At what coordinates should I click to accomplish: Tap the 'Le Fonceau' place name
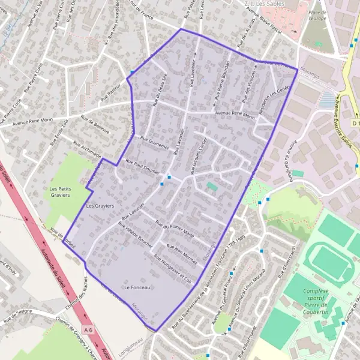pyautogui.click(x=136, y=288)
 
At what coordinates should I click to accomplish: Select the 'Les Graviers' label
pyautogui.click(x=100, y=206)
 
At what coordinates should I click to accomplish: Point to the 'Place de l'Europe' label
pyautogui.click(x=317, y=16)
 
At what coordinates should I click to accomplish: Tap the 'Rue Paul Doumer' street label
pyautogui.click(x=141, y=166)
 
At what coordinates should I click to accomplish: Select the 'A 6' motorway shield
pyautogui.click(x=89, y=330)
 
